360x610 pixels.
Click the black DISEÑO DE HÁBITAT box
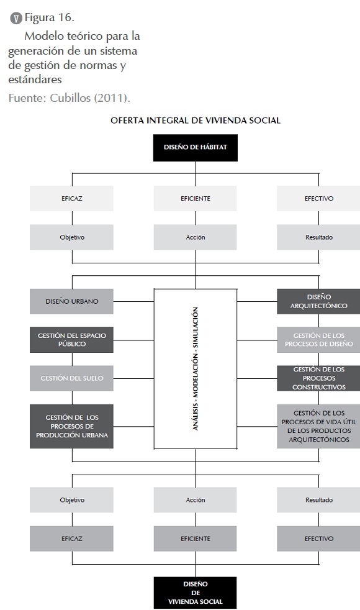tap(195, 148)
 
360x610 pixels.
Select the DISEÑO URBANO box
tap(71, 301)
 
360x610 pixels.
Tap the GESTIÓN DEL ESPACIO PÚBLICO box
tap(71, 340)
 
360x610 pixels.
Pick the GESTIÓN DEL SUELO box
tap(71, 378)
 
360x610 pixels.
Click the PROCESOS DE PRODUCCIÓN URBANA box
tap(71, 426)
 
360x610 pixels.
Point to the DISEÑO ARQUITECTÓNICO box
tap(318, 301)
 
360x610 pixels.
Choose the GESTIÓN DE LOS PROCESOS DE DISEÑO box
tap(318, 340)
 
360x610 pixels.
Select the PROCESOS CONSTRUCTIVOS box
tap(318, 378)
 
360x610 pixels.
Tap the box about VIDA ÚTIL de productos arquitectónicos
tap(318, 426)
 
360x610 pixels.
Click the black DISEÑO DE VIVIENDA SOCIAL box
tap(195, 593)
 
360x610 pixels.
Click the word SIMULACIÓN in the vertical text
tap(196, 327)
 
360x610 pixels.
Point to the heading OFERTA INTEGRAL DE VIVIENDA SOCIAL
tap(196, 121)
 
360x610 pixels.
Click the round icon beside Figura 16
tap(16, 18)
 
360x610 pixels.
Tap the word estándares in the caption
tap(35, 80)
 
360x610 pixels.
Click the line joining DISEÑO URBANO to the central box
tap(133, 301)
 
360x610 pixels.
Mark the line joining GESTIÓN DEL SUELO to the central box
tap(133, 378)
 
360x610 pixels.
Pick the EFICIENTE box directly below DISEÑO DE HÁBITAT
tap(195, 198)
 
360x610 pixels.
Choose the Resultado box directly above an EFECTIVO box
tap(318, 500)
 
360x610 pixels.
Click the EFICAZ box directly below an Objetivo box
tap(71, 539)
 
